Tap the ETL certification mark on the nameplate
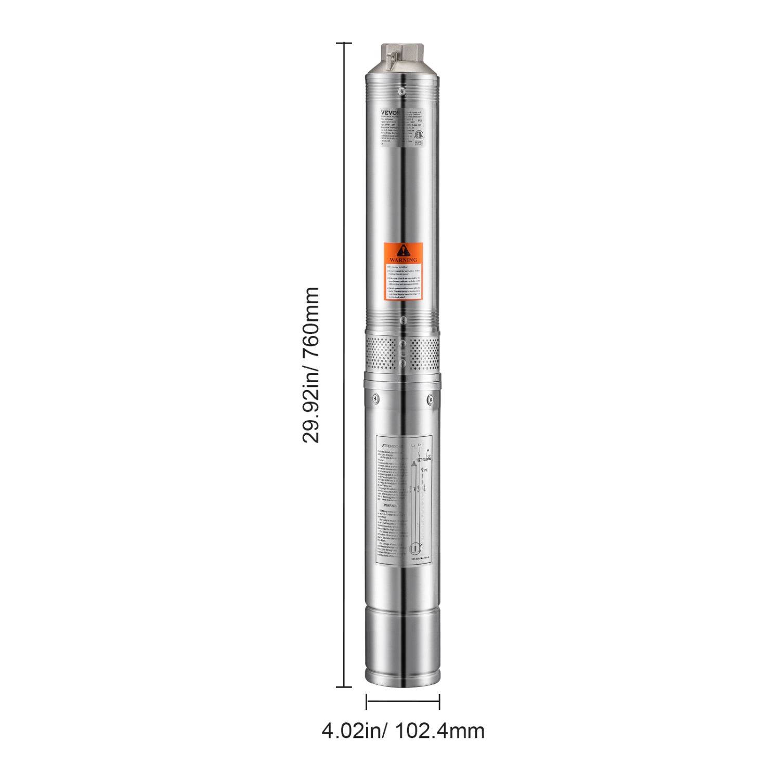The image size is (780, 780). click(x=419, y=134)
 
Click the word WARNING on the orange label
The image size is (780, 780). click(x=404, y=259)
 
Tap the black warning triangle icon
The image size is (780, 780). click(x=404, y=250)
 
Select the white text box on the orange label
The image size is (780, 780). click(x=404, y=281)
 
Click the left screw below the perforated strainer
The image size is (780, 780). click(x=375, y=399)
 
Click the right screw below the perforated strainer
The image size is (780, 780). click(x=430, y=399)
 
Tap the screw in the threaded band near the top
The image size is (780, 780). click(x=401, y=90)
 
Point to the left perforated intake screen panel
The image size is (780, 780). click(x=380, y=353)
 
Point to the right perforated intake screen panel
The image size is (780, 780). click(x=424, y=353)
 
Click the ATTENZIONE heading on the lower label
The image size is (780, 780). click(x=391, y=446)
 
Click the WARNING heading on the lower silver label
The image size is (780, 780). click(x=391, y=505)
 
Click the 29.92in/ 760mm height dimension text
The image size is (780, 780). click(x=310, y=365)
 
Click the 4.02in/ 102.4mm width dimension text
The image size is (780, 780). click(x=403, y=731)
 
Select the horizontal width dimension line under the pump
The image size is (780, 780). click(x=403, y=701)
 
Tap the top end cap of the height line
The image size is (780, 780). click(x=344, y=43)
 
